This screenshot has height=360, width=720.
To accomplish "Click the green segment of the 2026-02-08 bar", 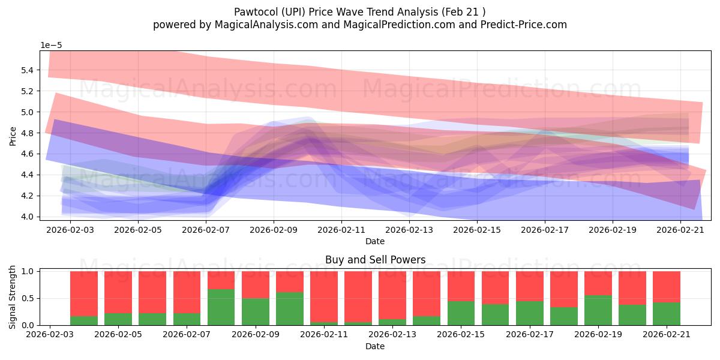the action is coord(221,307).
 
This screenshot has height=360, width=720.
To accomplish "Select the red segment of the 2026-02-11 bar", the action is coord(324,296).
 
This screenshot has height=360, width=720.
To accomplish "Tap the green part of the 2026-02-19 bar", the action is coord(598,310).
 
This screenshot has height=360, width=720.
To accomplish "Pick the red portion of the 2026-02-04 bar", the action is coord(84,294).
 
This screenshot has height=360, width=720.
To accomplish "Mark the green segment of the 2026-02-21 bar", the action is coord(667,314).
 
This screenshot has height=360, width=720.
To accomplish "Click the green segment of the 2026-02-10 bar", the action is coord(290,308).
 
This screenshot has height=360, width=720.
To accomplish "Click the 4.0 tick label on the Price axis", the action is coord(28,217).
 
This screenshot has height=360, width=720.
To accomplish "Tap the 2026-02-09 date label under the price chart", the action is coord(274,230).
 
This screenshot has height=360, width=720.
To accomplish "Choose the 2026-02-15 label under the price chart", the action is coord(477,230).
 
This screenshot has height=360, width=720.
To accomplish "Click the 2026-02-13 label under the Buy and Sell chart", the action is coord(392,334).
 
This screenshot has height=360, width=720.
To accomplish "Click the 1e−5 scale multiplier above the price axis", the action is coord(51,46).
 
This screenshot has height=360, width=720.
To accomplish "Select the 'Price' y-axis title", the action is coord(13,136).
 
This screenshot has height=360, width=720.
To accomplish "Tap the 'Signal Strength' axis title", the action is coord(12,297).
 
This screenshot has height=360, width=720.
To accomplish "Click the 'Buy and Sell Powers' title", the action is coord(375,260).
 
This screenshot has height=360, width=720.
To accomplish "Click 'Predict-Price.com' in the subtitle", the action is coord(524,25).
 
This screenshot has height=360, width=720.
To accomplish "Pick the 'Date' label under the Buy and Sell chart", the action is coord(375,346).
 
